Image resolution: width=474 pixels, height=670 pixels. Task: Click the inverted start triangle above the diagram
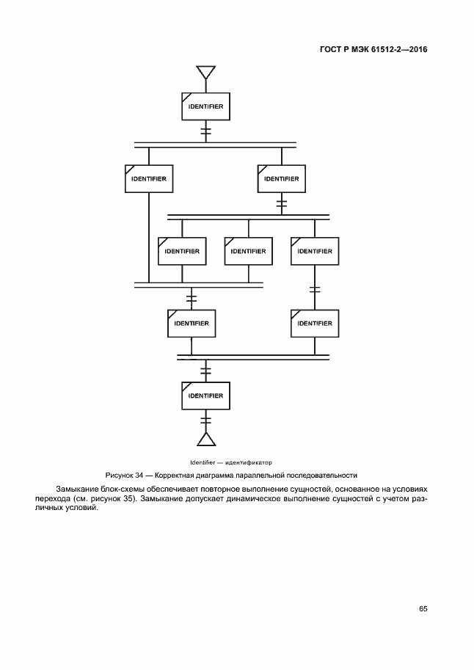coord(205,73)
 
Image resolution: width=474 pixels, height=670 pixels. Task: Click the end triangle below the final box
coord(205,439)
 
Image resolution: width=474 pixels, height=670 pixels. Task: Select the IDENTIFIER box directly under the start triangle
coord(205,107)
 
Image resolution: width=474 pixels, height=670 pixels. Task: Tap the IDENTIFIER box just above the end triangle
coord(205,396)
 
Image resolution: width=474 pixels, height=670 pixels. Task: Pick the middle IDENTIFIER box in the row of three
coord(248,251)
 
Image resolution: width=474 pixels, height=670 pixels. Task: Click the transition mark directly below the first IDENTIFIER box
coord(205,131)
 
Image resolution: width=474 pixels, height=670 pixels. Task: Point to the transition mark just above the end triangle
coord(205,420)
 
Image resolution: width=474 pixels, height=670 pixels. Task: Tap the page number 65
coord(423,608)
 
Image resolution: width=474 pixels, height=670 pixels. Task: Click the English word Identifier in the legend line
coord(202,462)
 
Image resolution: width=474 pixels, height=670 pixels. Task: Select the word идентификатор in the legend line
coord(249,462)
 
